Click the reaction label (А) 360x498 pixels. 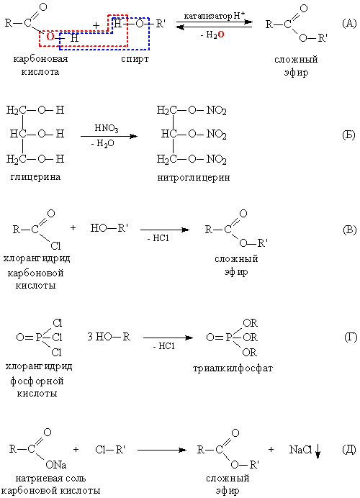coord(349,23)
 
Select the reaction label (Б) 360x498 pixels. coord(349,135)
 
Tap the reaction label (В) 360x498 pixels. coord(349,230)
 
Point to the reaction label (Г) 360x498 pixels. coord(351,337)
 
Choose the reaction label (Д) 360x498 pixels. coord(349,449)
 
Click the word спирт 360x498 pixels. coord(135,60)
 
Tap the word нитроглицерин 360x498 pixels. coord(194,178)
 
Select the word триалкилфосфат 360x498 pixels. coord(233,368)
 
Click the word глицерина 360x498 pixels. coord(35,177)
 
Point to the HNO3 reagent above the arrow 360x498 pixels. coord(107,128)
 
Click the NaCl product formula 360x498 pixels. coord(300,449)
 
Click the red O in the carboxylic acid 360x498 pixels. coord(50,37)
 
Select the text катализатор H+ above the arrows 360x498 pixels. coord(214,16)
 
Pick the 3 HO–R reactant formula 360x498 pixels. coord(109,337)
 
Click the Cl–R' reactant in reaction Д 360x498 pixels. coord(110,449)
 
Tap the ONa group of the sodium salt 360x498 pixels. coord(56,465)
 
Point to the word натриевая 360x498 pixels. coord(36,478)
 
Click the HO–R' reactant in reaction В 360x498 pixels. coord(109,228)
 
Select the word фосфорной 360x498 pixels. coord(37,381)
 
